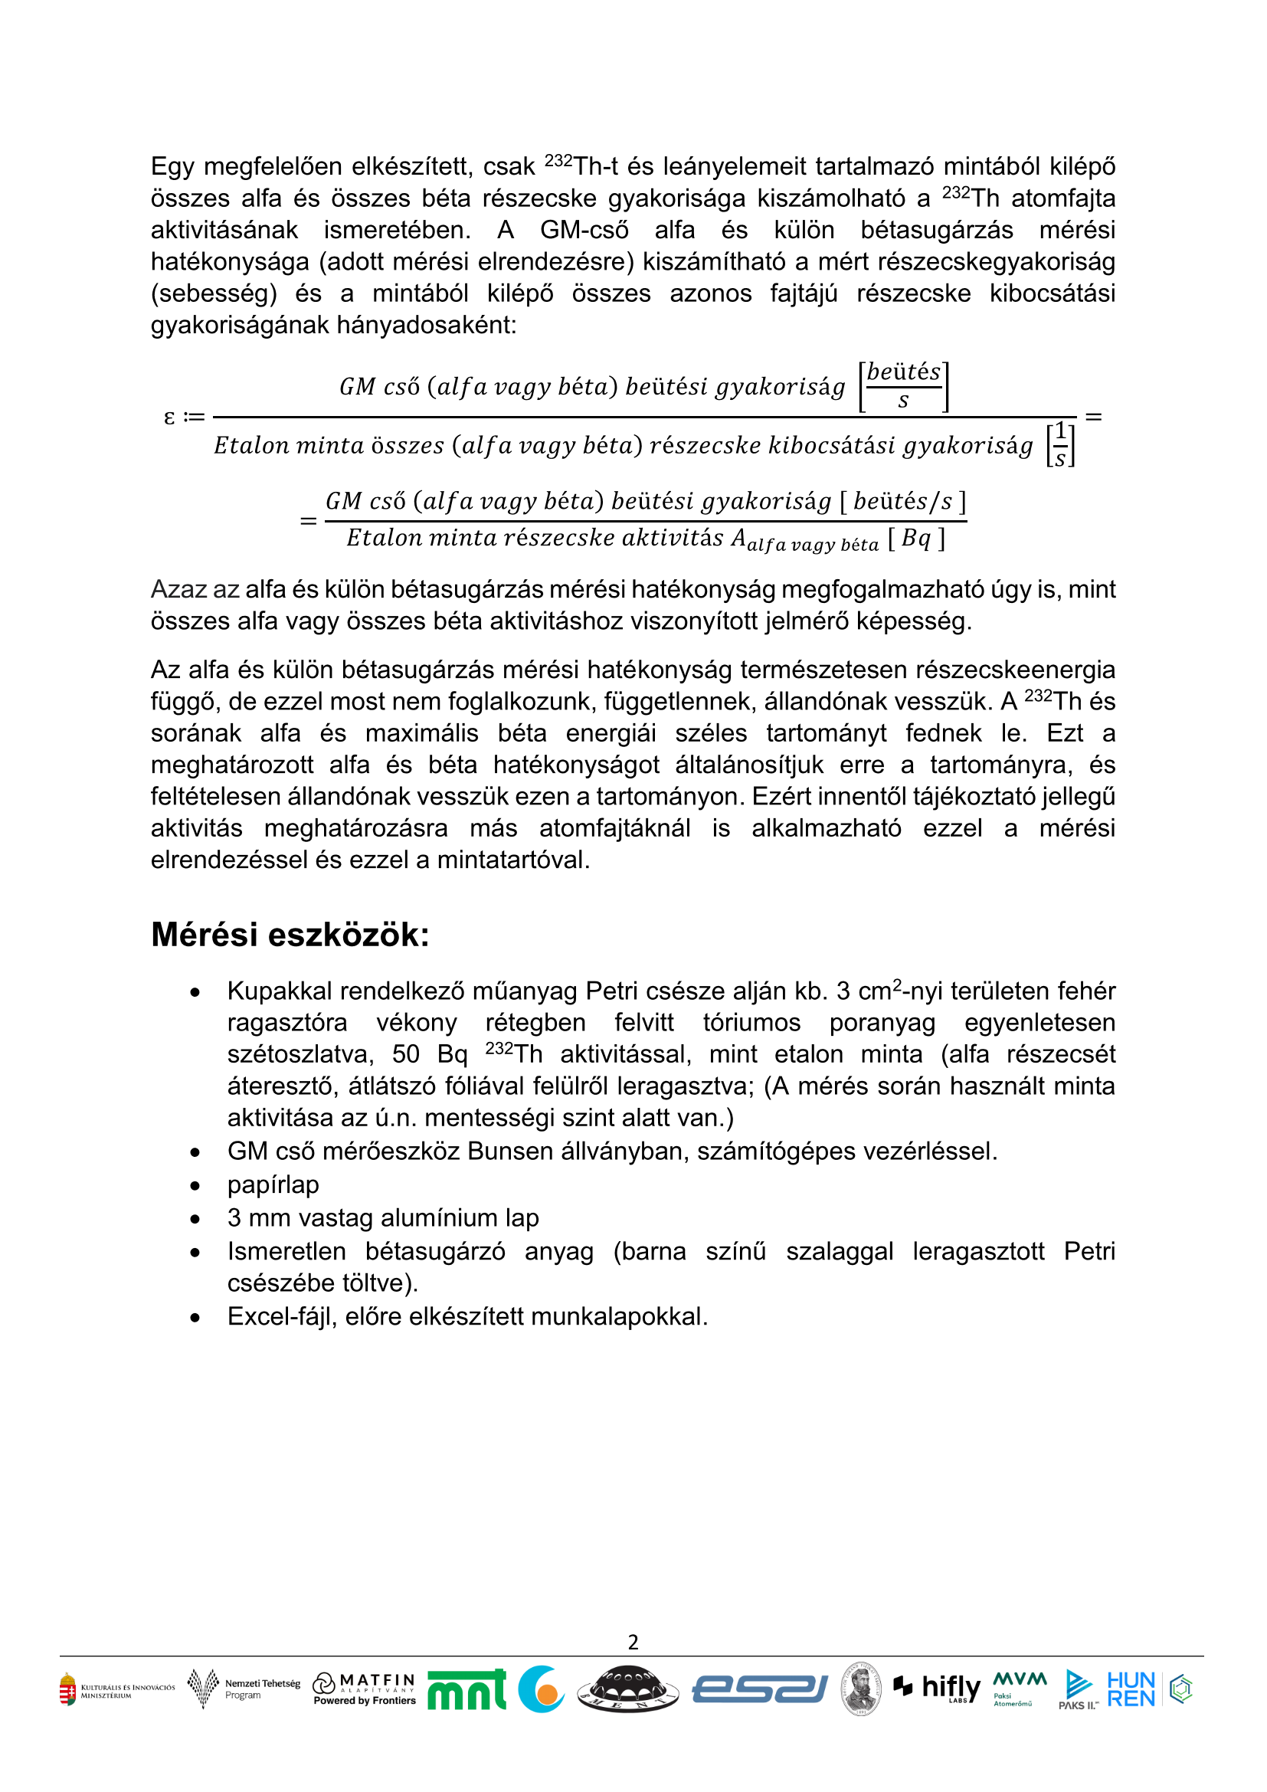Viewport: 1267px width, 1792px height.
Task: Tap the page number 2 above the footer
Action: click(x=633, y=1643)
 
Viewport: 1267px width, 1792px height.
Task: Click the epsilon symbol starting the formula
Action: click(x=169, y=418)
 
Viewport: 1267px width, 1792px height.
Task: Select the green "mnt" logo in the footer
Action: click(x=467, y=1690)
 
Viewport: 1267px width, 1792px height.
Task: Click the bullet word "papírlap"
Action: click(x=273, y=1184)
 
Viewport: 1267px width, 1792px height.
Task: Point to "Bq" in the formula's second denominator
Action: click(x=916, y=538)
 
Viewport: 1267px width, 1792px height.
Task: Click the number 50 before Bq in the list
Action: click(x=406, y=1054)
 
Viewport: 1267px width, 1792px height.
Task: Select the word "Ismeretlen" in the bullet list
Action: click(x=286, y=1251)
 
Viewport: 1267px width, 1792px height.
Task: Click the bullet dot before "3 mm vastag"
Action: click(x=195, y=1219)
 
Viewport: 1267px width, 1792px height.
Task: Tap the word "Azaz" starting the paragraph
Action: click(x=177, y=589)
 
